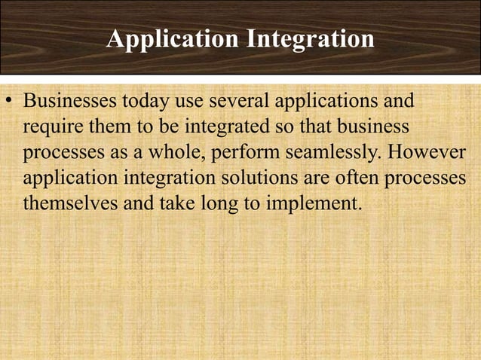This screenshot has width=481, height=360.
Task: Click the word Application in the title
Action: [x=173, y=39]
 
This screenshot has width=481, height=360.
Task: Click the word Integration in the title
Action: [x=310, y=39]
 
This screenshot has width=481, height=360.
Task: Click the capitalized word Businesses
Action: [x=66, y=101]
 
